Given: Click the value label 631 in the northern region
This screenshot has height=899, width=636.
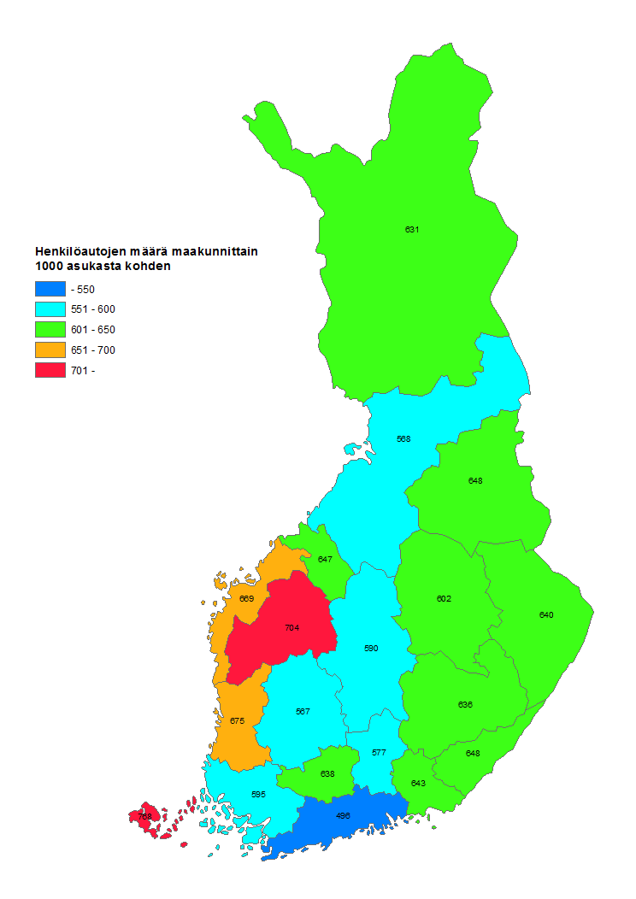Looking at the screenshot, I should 412,229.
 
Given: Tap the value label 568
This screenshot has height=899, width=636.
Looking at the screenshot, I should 403,438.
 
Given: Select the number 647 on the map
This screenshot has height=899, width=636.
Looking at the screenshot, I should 325,559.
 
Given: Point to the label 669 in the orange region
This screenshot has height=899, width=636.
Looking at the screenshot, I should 246,598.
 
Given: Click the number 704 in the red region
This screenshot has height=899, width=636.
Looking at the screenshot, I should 292,627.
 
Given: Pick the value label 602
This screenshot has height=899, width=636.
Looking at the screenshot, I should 444,598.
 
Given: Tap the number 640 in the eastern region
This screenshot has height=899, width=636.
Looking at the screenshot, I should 546,614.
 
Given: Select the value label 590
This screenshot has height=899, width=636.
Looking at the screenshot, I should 371,649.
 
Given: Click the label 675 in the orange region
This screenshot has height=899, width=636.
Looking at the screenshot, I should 237,720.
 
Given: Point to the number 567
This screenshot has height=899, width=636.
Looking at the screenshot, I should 303,711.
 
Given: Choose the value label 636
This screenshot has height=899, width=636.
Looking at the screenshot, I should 465,704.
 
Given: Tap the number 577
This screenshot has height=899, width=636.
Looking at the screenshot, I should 379,753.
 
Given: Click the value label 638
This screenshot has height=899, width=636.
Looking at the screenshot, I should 327,773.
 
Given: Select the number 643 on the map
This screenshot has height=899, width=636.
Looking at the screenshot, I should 418,783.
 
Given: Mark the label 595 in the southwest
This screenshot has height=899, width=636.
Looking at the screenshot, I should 258,794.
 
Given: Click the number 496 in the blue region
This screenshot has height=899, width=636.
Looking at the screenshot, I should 343,815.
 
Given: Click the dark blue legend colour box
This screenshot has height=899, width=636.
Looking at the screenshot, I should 50,289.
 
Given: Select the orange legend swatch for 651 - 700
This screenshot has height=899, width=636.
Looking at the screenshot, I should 50,350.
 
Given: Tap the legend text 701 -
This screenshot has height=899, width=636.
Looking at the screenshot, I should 84,371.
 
